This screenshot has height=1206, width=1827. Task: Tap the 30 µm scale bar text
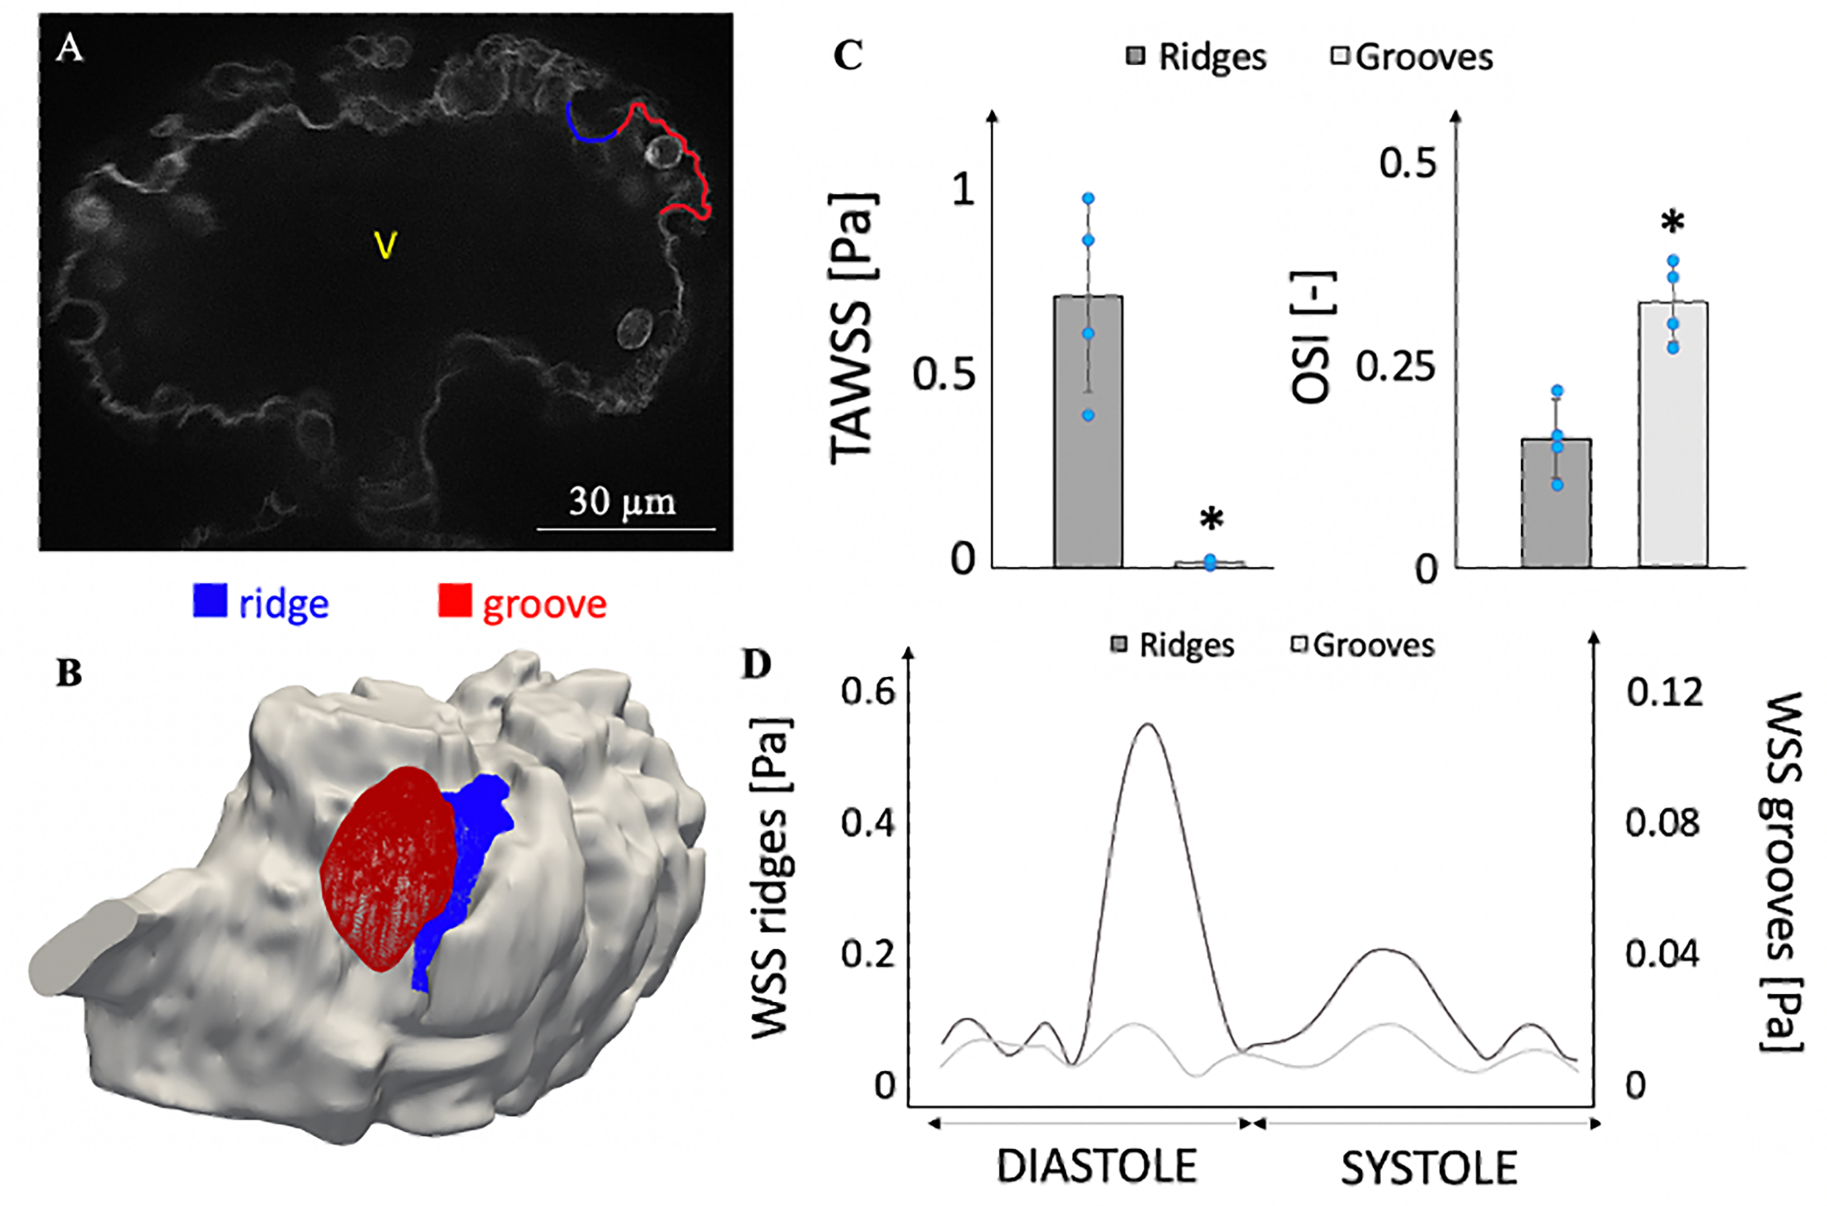[622, 502]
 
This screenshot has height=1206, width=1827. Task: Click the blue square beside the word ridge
[210, 601]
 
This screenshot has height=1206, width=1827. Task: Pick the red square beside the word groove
[454, 601]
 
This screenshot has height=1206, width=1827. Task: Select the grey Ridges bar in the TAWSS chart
[1088, 431]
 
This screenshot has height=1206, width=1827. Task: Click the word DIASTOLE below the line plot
[1096, 1166]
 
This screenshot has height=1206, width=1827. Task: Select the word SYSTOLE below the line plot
[1429, 1168]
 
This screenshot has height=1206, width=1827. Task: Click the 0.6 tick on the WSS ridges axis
[868, 692]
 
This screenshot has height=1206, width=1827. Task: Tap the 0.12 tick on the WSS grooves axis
[1664, 692]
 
